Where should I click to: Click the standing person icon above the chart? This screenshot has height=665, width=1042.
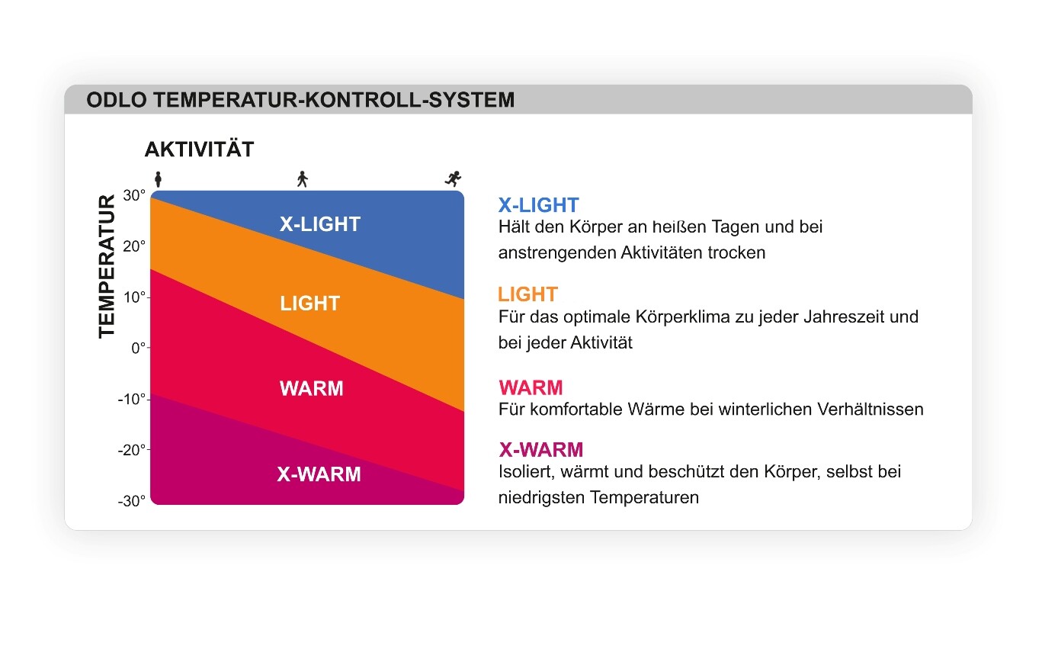tap(158, 179)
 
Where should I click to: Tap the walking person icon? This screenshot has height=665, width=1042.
tap(303, 179)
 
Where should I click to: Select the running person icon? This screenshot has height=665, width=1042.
tap(453, 178)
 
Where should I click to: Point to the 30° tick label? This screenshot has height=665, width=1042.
tap(134, 195)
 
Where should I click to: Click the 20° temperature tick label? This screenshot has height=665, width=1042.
tap(134, 246)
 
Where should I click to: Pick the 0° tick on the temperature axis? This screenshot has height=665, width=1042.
tap(139, 348)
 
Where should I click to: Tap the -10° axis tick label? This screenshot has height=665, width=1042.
tap(132, 400)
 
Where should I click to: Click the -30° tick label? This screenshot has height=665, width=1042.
tap(132, 501)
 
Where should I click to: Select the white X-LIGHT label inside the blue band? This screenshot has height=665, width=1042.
tap(320, 224)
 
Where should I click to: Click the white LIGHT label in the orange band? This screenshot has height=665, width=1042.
tap(309, 304)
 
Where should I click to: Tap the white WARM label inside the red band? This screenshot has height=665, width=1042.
tap(312, 389)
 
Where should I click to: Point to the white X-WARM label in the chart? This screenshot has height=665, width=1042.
tap(319, 474)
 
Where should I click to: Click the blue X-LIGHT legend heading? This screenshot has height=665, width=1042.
tap(539, 205)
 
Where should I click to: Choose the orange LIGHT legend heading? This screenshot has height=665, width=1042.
tap(528, 294)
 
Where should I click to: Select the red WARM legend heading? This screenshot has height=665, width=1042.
tap(531, 387)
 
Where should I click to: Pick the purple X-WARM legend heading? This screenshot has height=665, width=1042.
tap(541, 449)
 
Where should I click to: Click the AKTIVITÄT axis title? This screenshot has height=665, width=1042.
tap(200, 149)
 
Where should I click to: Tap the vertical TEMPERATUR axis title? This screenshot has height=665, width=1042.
tap(107, 266)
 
